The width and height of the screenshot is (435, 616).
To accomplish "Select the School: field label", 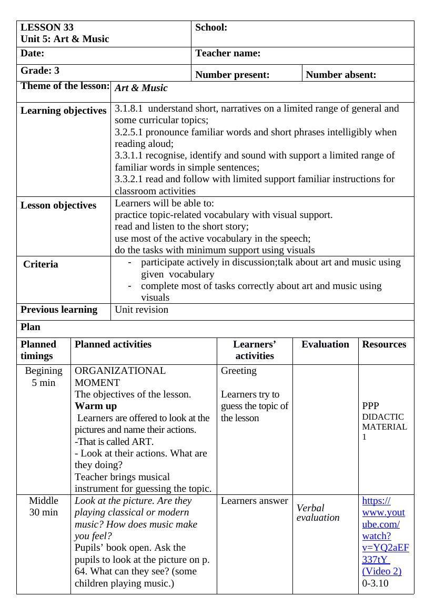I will [x=211, y=27].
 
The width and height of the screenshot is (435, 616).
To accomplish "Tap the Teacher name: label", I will [x=228, y=53].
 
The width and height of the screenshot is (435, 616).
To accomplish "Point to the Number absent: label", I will [x=341, y=75].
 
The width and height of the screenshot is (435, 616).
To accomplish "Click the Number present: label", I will [x=232, y=75].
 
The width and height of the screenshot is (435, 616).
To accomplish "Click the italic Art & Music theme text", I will [x=141, y=88].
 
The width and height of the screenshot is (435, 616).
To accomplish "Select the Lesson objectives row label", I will [x=58, y=205].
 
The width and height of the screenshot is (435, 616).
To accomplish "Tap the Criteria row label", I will [x=41, y=264].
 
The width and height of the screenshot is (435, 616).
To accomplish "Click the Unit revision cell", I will [x=141, y=310].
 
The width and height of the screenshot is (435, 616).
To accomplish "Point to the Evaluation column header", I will [x=325, y=344].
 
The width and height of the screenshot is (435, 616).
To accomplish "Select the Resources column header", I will [x=384, y=344].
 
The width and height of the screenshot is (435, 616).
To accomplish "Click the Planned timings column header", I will [x=38, y=350].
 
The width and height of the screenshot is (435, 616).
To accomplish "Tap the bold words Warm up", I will [x=96, y=406].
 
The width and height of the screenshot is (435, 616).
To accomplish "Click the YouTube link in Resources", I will [x=385, y=536].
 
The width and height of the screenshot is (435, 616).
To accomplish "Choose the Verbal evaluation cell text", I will [x=318, y=512].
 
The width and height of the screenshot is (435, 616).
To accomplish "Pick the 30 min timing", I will [x=44, y=512].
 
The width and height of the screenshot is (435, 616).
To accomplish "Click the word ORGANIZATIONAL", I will [x=120, y=371].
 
